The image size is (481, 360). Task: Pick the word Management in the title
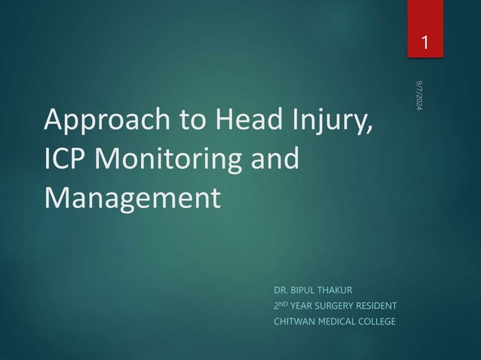coord(133,198)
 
